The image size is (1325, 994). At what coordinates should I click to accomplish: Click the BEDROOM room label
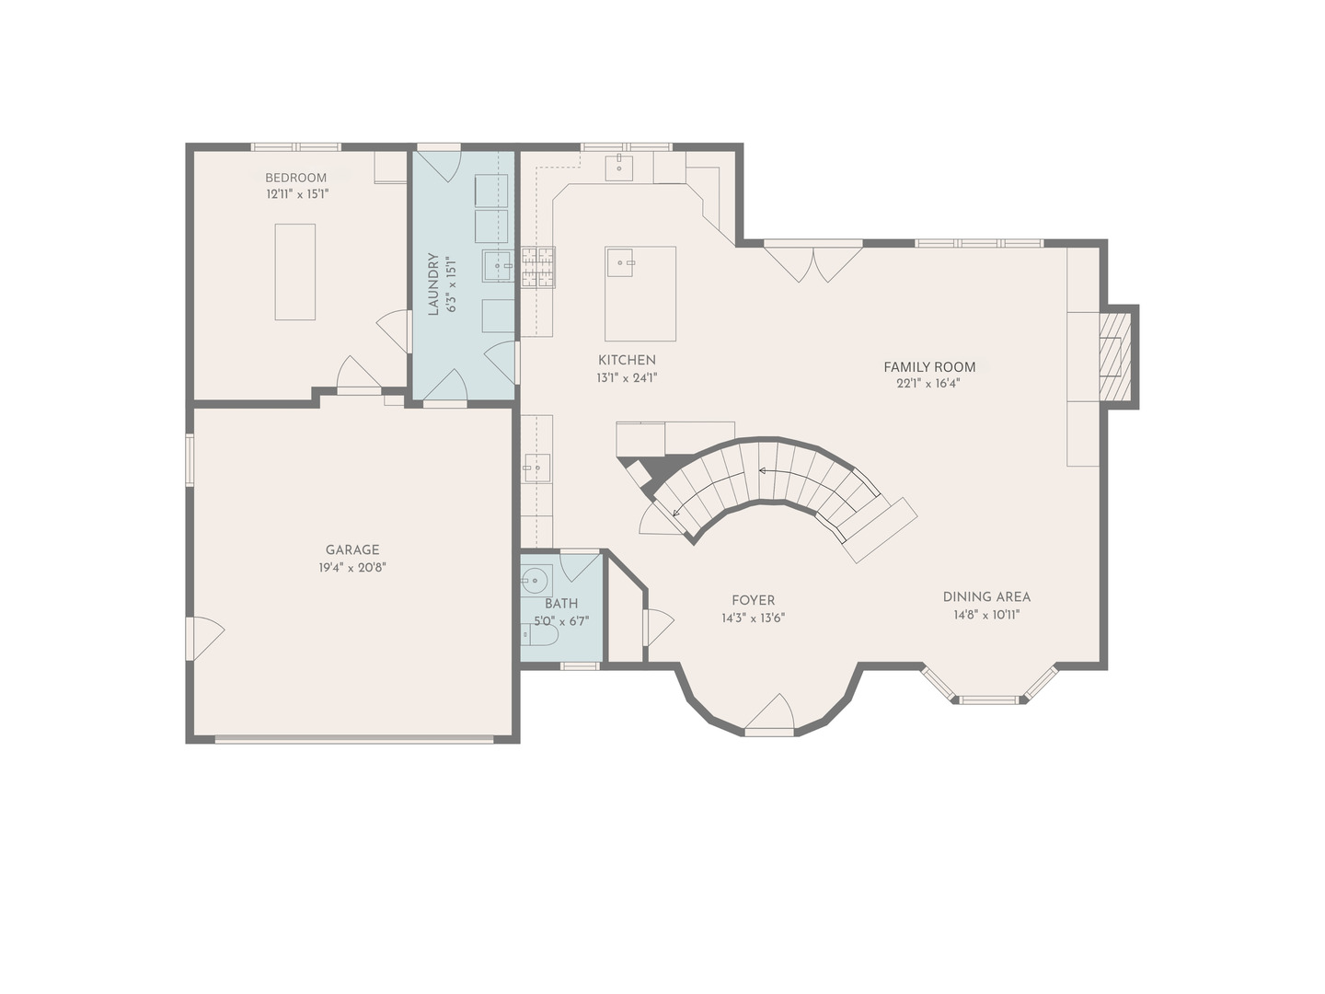[x=295, y=178]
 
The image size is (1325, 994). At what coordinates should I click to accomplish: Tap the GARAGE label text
[x=351, y=550]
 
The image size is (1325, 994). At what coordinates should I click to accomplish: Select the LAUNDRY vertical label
[x=433, y=284]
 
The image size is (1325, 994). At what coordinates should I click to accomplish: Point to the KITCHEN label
[x=627, y=360]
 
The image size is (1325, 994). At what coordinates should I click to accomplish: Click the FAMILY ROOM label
[x=929, y=366]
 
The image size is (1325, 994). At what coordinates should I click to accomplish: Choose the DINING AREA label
[x=986, y=596]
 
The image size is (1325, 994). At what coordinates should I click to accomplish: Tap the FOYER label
[x=753, y=600]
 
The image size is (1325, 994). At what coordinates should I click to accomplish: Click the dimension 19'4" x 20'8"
[x=351, y=568]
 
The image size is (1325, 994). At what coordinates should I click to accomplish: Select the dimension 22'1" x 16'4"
[x=928, y=384]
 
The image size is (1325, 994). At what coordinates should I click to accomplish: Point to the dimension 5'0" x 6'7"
[x=561, y=621]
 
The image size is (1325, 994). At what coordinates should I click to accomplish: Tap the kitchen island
[x=639, y=294]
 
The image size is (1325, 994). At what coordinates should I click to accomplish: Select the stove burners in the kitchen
[x=538, y=268]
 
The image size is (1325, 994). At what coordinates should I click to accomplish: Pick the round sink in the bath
[x=535, y=580]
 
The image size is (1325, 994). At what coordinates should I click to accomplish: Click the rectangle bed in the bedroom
[x=294, y=272]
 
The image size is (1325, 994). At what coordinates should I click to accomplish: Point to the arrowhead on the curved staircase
[x=762, y=470]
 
